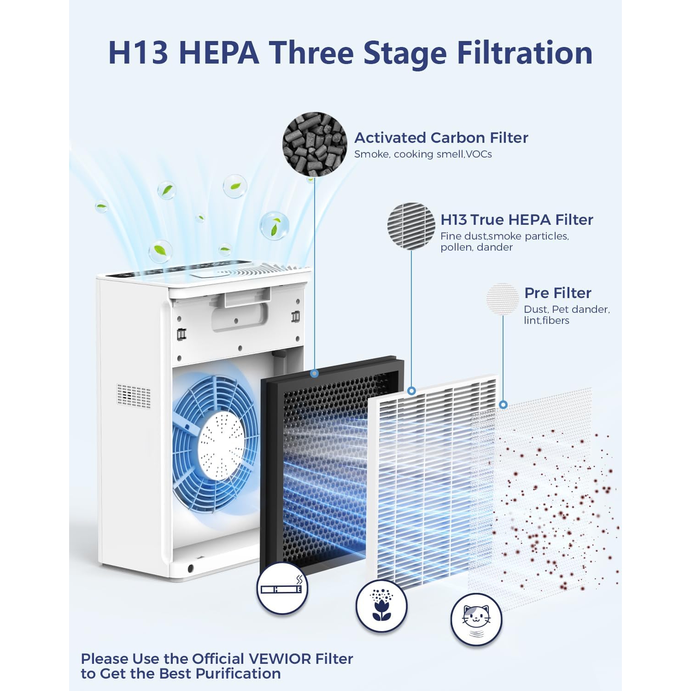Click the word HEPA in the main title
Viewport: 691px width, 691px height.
point(219,53)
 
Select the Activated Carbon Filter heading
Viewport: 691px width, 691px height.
point(441,138)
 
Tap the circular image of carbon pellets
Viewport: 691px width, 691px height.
point(315,144)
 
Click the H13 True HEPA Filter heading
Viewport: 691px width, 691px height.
point(516,220)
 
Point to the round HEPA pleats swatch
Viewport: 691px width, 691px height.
point(411,226)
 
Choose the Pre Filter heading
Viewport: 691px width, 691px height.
point(557,293)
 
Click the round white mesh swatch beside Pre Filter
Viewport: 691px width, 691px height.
point(503,299)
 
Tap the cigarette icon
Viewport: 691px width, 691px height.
point(282,588)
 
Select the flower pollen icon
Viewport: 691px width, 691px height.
point(381,605)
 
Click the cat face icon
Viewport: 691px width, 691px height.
point(476,619)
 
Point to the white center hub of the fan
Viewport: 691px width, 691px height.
point(222,445)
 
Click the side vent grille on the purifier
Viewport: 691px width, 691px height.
point(134,396)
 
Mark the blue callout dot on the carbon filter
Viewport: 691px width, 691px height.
point(315,373)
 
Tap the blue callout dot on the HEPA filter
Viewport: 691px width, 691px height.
point(411,391)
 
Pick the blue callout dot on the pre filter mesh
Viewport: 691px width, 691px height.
point(503,404)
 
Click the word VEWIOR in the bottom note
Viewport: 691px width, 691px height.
point(274,659)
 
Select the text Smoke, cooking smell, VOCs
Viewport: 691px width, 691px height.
point(422,154)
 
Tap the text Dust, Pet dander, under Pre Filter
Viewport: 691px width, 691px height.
point(566,310)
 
